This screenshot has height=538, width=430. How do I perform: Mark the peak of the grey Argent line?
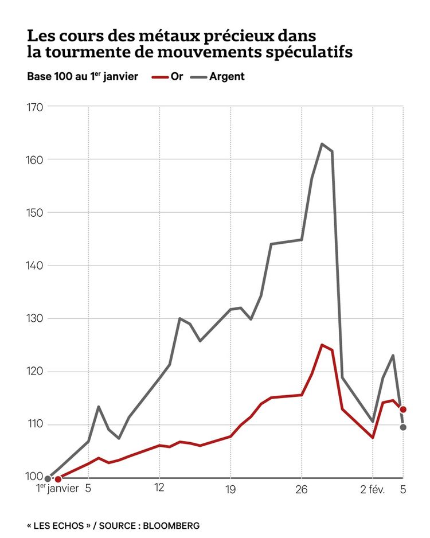(x=322, y=143)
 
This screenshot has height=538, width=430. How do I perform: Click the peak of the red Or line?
(x=322, y=345)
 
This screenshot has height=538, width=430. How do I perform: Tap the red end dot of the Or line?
(x=403, y=410)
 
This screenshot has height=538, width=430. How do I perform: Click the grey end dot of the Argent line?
(x=403, y=427)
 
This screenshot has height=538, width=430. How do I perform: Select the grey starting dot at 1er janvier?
(x=48, y=478)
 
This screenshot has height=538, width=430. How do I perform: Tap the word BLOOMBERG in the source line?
(x=171, y=525)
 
